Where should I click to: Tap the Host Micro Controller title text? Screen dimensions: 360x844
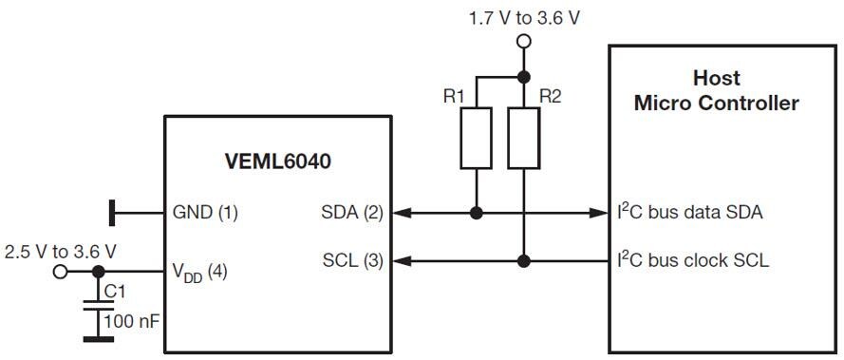(716, 90)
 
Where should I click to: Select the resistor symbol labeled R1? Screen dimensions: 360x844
(476, 140)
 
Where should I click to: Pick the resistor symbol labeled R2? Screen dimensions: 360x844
(522, 140)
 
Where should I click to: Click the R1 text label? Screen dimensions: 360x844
(455, 96)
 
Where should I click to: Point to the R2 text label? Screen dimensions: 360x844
(551, 96)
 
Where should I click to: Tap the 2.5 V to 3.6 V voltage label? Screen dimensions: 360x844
(60, 252)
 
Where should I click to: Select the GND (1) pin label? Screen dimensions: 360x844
(205, 214)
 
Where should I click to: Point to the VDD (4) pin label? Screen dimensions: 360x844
(199, 273)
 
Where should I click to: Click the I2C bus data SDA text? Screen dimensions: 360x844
(690, 213)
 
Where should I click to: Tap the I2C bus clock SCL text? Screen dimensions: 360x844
(694, 259)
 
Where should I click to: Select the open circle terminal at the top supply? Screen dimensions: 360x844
(522, 41)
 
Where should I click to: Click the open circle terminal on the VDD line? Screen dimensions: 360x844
(61, 272)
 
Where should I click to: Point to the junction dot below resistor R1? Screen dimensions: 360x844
(476, 214)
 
